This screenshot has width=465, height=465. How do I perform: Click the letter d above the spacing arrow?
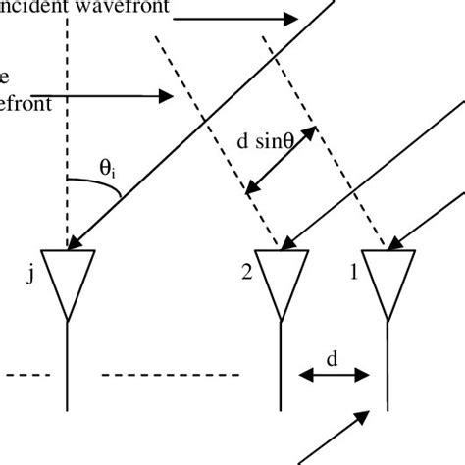point(332,359)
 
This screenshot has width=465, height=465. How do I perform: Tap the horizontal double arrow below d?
point(333,375)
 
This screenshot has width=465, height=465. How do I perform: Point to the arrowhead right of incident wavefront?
point(288,19)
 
